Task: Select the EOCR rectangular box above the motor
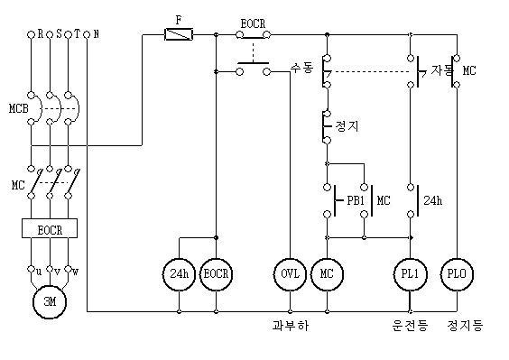(49, 229)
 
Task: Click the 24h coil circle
(179, 272)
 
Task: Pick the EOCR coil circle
(216, 272)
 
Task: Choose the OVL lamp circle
(290, 272)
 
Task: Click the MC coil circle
(326, 272)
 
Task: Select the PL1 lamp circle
(410, 272)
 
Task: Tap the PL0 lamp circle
(457, 272)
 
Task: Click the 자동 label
(441, 69)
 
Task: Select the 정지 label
(347, 125)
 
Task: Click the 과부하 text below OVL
(290, 326)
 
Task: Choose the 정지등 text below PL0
(465, 326)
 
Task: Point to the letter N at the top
(97, 34)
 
